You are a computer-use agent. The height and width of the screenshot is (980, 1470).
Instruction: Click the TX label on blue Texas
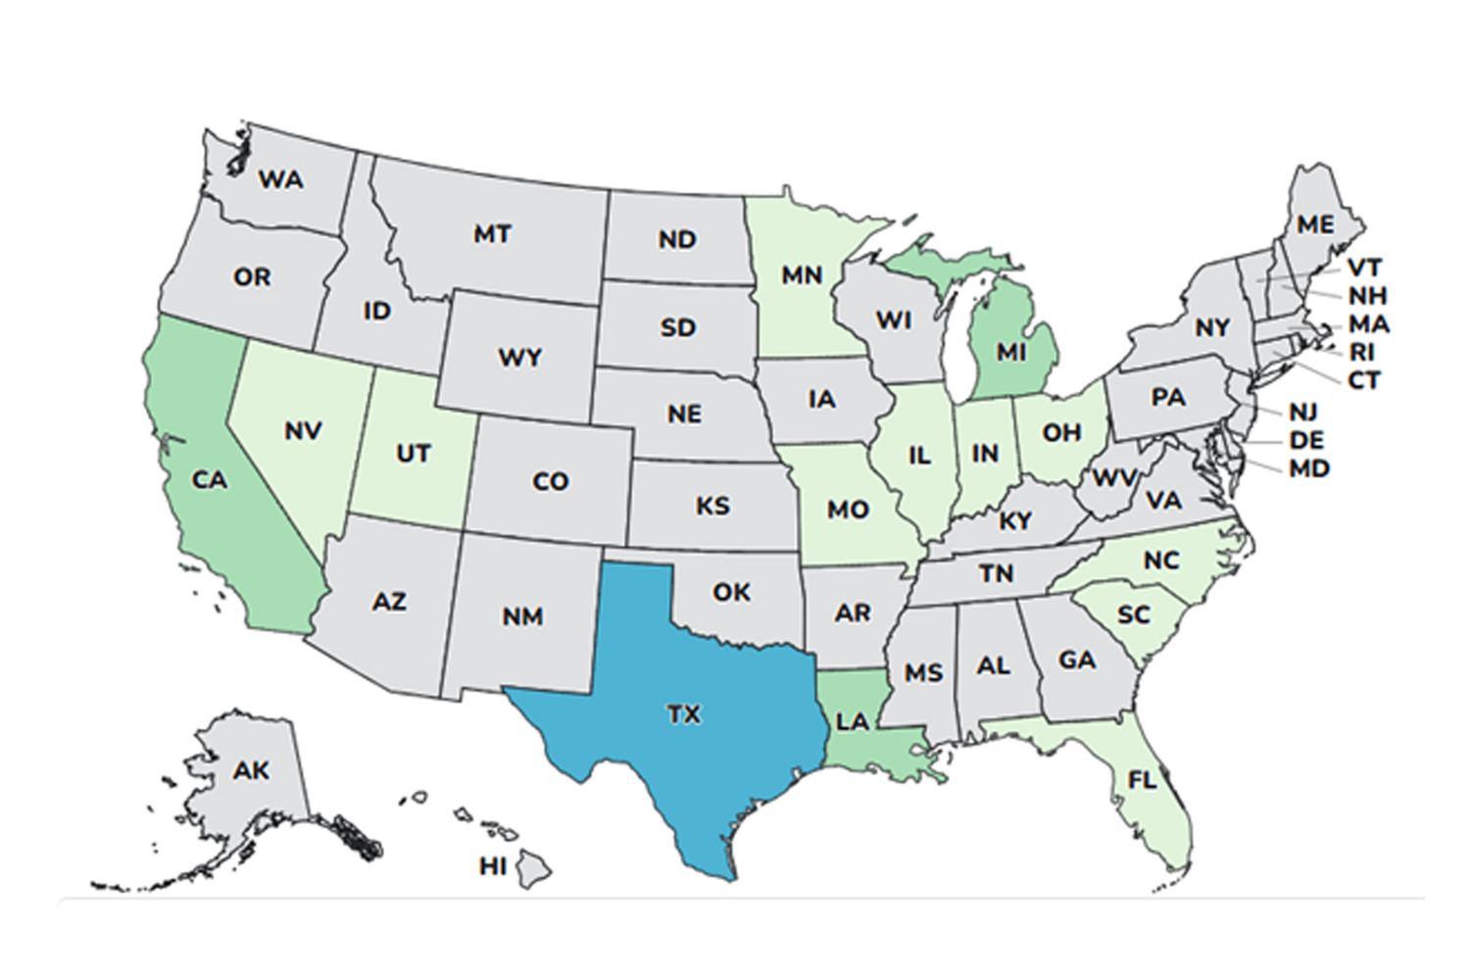click(x=684, y=715)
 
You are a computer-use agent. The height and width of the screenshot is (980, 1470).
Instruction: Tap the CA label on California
click(x=209, y=480)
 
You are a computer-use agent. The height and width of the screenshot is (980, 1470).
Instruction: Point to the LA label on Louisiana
click(x=853, y=722)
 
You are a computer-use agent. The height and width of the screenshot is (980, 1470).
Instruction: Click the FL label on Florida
click(x=1142, y=780)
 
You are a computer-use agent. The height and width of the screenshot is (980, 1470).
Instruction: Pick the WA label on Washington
click(x=281, y=179)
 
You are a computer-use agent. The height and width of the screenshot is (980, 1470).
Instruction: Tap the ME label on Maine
click(x=1315, y=224)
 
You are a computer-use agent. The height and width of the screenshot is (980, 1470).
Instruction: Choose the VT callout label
click(x=1364, y=268)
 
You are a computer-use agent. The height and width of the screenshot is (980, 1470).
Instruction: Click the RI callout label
click(x=1362, y=352)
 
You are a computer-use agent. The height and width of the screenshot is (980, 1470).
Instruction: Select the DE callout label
click(x=1306, y=439)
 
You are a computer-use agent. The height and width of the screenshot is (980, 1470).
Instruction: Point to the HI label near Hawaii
click(x=493, y=866)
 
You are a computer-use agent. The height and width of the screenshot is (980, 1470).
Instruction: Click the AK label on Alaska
click(x=251, y=771)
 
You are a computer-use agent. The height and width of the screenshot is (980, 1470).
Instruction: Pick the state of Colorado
click(x=550, y=482)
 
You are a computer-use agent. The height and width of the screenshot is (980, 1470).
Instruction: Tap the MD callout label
click(x=1309, y=468)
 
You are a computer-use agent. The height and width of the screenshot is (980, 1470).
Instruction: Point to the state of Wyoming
click(x=519, y=358)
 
